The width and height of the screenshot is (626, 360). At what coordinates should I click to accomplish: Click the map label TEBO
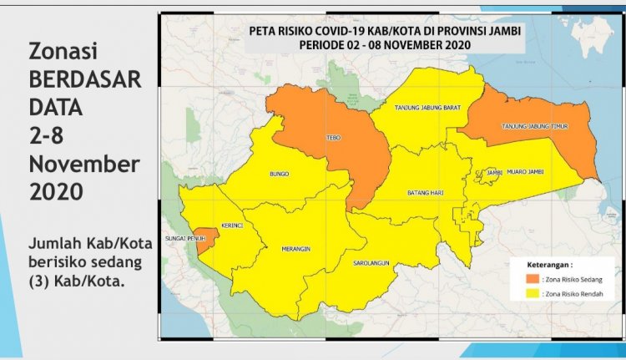pyautogui.click(x=331, y=139)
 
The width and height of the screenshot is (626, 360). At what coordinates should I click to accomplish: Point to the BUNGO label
pyautogui.click(x=279, y=174)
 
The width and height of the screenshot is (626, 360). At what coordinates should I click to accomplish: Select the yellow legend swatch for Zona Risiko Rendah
pyautogui.click(x=532, y=294)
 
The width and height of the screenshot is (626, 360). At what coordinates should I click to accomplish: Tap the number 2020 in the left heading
pyautogui.click(x=56, y=191)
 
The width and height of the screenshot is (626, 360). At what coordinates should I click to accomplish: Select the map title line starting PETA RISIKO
pyautogui.click(x=386, y=30)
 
